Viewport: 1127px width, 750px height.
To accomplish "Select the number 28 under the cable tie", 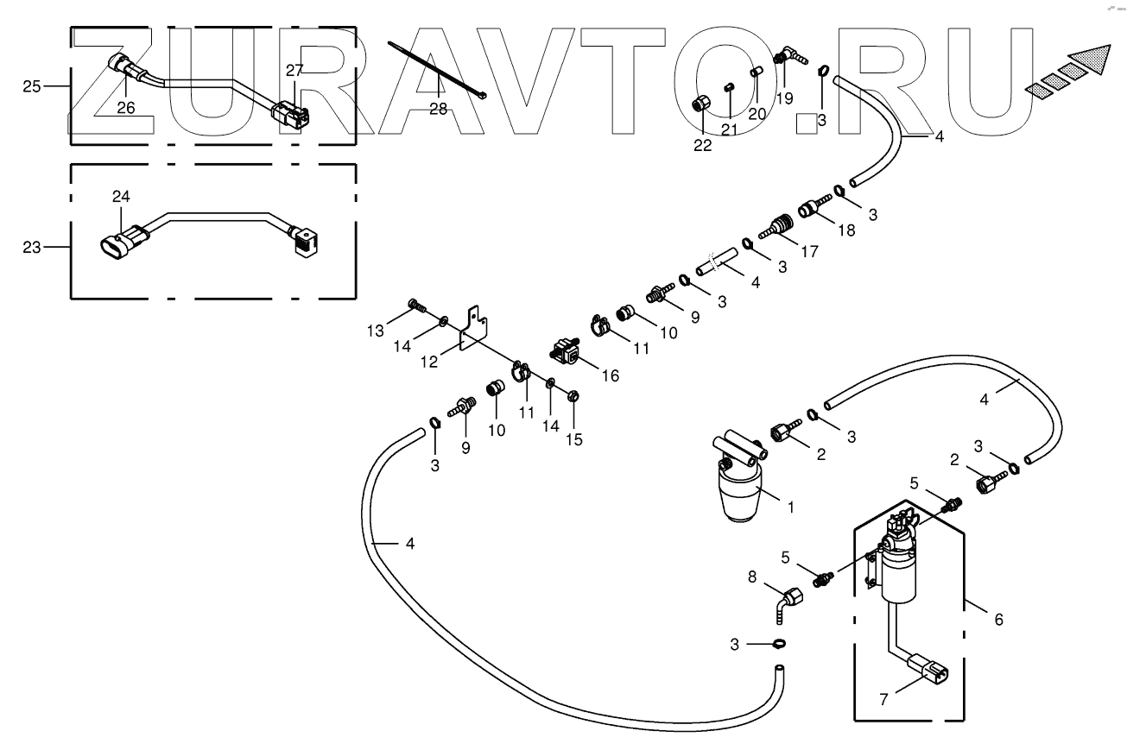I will [x=438, y=108].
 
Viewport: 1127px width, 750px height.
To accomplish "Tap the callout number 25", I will [x=32, y=87].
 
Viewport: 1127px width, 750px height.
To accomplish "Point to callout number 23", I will [x=32, y=247].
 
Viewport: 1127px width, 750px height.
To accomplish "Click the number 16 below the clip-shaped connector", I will [x=610, y=375].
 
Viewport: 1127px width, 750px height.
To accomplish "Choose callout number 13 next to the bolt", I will [x=374, y=332].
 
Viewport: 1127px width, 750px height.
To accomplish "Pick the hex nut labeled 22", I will [x=701, y=105].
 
